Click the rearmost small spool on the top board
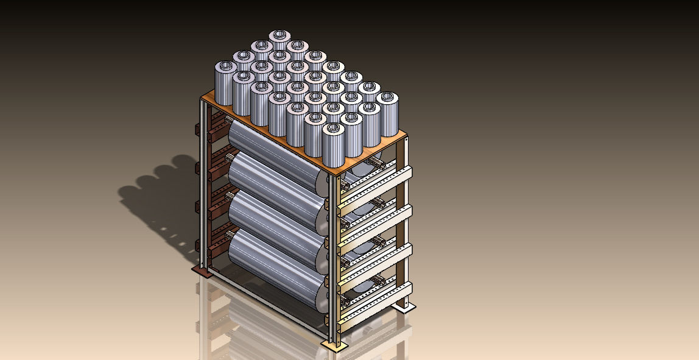(279, 40)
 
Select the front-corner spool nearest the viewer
(332, 146)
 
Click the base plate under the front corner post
(334, 345)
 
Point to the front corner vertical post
(333, 256)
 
